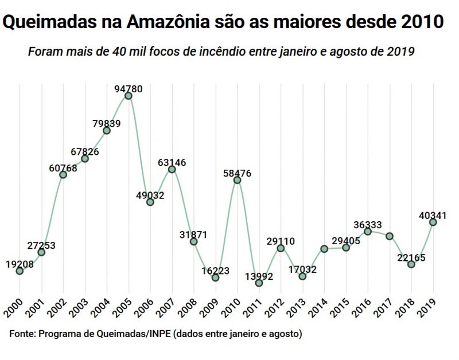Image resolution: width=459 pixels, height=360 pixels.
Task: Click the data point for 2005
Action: pyautogui.click(x=129, y=96)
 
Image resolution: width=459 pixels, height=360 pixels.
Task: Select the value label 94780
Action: pyautogui.click(x=129, y=89)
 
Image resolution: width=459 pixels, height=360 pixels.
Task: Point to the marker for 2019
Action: pyautogui.click(x=433, y=222)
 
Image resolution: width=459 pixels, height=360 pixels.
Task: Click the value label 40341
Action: pyautogui.click(x=432, y=216)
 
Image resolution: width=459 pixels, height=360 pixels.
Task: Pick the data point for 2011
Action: pyautogui.click(x=259, y=283)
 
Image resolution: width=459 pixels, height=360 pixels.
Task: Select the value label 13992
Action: pyautogui.click(x=259, y=276)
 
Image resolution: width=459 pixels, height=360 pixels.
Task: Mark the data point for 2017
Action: pyautogui.click(x=390, y=236)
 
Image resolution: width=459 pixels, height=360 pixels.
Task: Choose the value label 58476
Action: pyautogui.click(x=238, y=173)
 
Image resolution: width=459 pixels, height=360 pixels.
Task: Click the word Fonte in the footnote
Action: pyautogui.click(x=22, y=333)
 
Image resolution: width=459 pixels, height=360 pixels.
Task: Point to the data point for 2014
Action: pyautogui.click(x=324, y=249)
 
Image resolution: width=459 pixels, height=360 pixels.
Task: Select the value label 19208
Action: pyautogui.click(x=20, y=264)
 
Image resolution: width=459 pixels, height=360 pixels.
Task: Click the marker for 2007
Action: pyautogui.click(x=172, y=169)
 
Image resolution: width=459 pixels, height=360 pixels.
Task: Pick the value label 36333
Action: pyautogui.click(x=368, y=225)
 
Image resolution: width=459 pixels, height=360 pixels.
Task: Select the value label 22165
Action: pyautogui.click(x=411, y=257)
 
